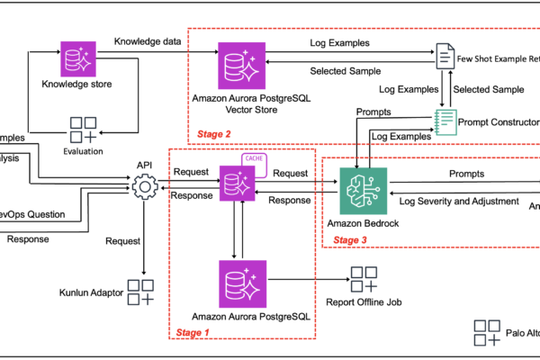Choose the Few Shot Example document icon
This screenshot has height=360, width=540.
444,58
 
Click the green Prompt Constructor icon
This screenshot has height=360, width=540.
444,121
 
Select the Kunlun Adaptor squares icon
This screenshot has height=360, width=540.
139,291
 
